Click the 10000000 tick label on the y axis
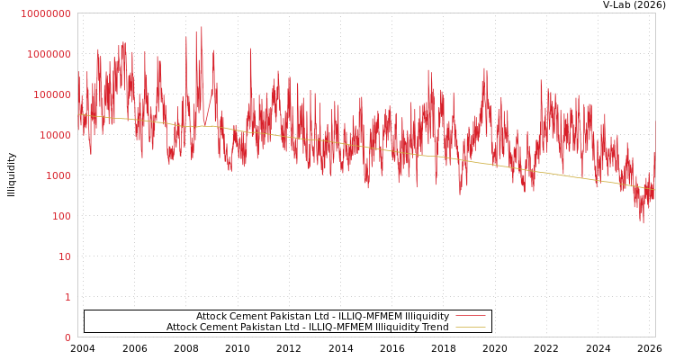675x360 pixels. tap(44, 13)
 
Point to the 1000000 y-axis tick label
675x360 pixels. tap(48, 54)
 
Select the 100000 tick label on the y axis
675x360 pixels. tap(50, 94)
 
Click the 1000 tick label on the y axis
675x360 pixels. tap(57, 175)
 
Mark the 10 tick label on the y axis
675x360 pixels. tap(63, 256)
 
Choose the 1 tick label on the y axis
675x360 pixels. tap(67, 297)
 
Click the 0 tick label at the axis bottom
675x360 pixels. tap(67, 337)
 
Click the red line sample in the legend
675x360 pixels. tap(470, 316)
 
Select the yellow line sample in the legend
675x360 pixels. tap(470, 327)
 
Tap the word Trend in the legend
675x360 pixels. tap(434, 327)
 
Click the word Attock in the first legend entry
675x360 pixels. tap(212, 316)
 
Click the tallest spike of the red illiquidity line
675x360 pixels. tap(202, 27)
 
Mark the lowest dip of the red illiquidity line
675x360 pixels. tap(642, 223)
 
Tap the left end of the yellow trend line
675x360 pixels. tap(78, 114)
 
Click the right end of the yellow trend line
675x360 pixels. tap(654, 189)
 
